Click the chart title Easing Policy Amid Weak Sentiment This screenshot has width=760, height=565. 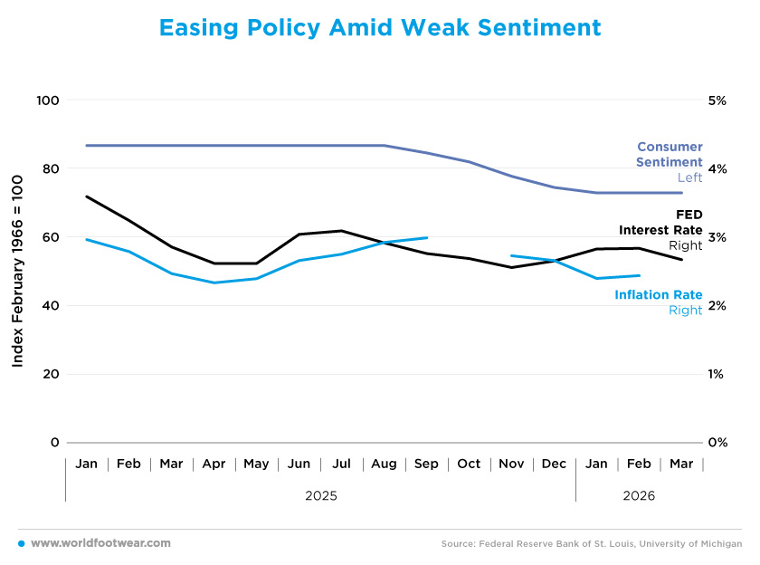[380, 28]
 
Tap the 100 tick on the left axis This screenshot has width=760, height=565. [47, 100]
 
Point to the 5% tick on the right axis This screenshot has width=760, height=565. [717, 100]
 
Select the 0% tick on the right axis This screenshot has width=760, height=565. [717, 443]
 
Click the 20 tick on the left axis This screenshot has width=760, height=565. [51, 374]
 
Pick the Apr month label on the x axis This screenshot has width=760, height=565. [214, 464]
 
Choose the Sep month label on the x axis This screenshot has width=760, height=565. [426, 464]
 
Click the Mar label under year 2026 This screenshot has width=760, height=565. [681, 464]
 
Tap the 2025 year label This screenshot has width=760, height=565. [320, 496]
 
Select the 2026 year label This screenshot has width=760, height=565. [639, 496]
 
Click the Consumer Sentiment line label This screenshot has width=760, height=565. [670, 155]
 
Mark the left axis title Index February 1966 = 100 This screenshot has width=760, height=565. [18, 271]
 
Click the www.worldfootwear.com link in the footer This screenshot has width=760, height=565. [100, 543]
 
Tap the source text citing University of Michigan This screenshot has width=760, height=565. [592, 544]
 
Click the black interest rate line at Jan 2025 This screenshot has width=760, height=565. [87, 196]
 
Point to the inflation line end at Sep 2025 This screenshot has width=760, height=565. [426, 238]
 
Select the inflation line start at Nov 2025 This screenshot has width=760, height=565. [512, 256]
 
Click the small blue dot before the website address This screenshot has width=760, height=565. [21, 543]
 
